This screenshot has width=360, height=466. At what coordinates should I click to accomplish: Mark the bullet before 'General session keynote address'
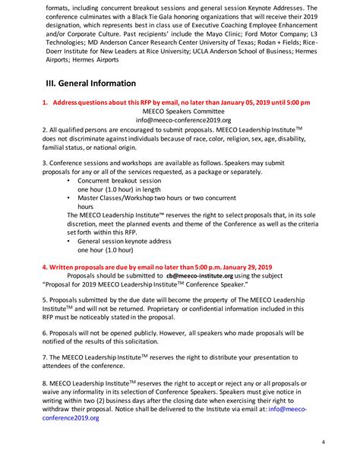[x=69, y=241]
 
